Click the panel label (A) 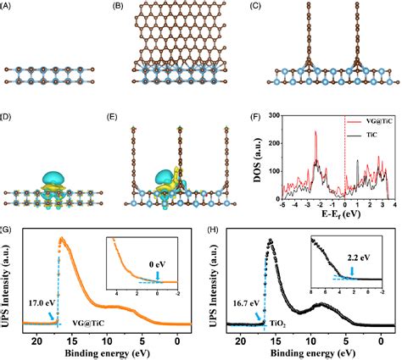8,8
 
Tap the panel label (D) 8,114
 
